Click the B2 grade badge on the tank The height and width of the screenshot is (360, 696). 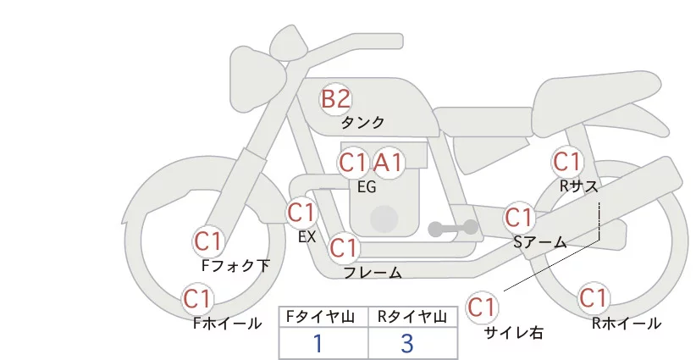(x=335, y=98)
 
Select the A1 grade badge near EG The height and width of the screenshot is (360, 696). (x=389, y=162)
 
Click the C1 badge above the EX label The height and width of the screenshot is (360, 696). (x=301, y=211)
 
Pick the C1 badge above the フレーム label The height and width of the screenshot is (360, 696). (x=344, y=248)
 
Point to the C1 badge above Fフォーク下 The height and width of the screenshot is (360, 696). (x=207, y=241)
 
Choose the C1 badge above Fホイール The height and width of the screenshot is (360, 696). (x=197, y=298)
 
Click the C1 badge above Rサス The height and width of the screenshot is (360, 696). (x=566, y=161)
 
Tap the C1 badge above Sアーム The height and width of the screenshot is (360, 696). (x=518, y=216)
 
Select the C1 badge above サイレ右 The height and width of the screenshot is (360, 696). (x=483, y=306)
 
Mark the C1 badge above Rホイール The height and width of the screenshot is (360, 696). (x=594, y=298)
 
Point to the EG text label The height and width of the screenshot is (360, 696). (x=367, y=187)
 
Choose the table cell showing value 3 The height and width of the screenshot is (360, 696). (x=408, y=344)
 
